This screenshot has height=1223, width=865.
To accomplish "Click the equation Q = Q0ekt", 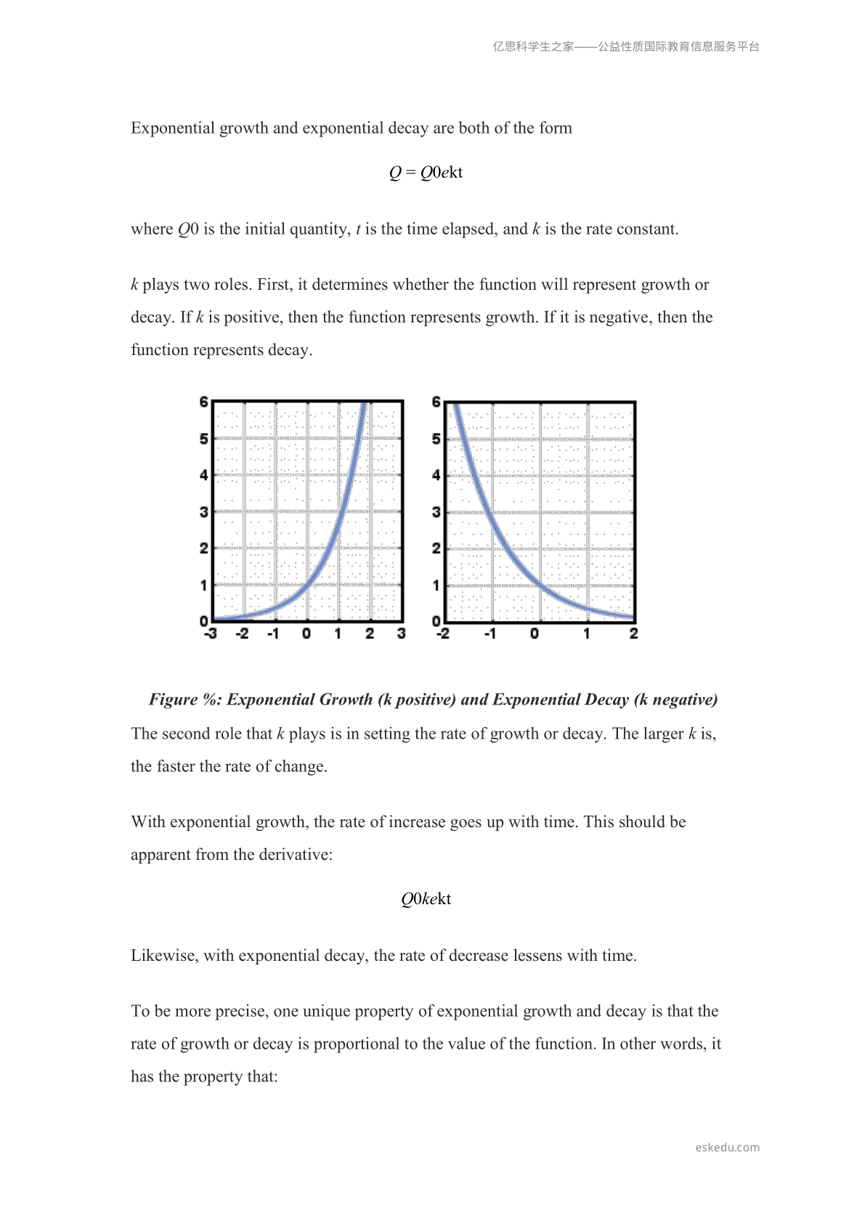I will pyautogui.click(x=426, y=173).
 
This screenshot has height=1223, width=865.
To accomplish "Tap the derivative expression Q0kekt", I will pyautogui.click(x=426, y=899).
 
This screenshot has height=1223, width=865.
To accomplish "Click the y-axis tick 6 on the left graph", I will pyautogui.click(x=204, y=402).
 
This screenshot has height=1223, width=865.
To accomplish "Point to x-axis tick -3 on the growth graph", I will pyautogui.click(x=210, y=634).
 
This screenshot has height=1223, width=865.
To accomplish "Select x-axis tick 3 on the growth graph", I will pyautogui.click(x=402, y=634).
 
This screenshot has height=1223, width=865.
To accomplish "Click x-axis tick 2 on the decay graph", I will pyautogui.click(x=633, y=634).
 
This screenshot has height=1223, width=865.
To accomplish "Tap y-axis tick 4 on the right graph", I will pyautogui.click(x=436, y=475).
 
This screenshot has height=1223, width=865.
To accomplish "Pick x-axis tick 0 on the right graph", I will pyautogui.click(x=535, y=634).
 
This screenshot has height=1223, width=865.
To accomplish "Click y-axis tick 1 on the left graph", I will pyautogui.click(x=204, y=585).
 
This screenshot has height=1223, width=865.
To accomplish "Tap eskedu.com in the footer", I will pyautogui.click(x=727, y=1147).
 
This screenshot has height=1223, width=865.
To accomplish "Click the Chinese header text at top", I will pyautogui.click(x=626, y=46).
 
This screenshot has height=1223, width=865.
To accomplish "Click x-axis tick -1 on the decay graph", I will pyautogui.click(x=490, y=634).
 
